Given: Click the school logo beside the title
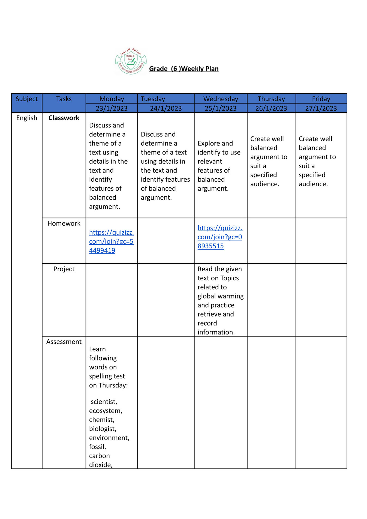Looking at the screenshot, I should (131, 61).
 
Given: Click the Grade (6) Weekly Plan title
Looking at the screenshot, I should (183, 69).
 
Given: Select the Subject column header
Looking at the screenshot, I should (27, 99).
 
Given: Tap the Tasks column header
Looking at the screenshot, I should (64, 99).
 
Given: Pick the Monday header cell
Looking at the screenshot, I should (112, 99).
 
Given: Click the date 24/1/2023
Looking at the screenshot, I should (166, 108).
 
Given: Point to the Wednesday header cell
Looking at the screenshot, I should (221, 99).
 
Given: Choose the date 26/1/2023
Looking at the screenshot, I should (271, 108).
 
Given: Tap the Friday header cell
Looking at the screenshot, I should (321, 99).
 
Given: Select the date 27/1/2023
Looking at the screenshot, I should (321, 108).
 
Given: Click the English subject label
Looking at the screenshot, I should (27, 118).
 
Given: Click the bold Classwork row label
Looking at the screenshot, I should (64, 118).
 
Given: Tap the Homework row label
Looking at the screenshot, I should (64, 223).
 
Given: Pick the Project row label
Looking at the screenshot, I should (64, 269).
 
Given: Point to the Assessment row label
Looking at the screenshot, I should (64, 342).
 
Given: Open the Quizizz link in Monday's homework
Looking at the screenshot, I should (111, 241).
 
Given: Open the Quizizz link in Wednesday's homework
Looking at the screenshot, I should (220, 237).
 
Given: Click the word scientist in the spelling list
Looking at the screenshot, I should (104, 402).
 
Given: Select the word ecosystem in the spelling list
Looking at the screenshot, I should (106, 411).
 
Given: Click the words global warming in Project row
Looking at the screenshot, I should (221, 296).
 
